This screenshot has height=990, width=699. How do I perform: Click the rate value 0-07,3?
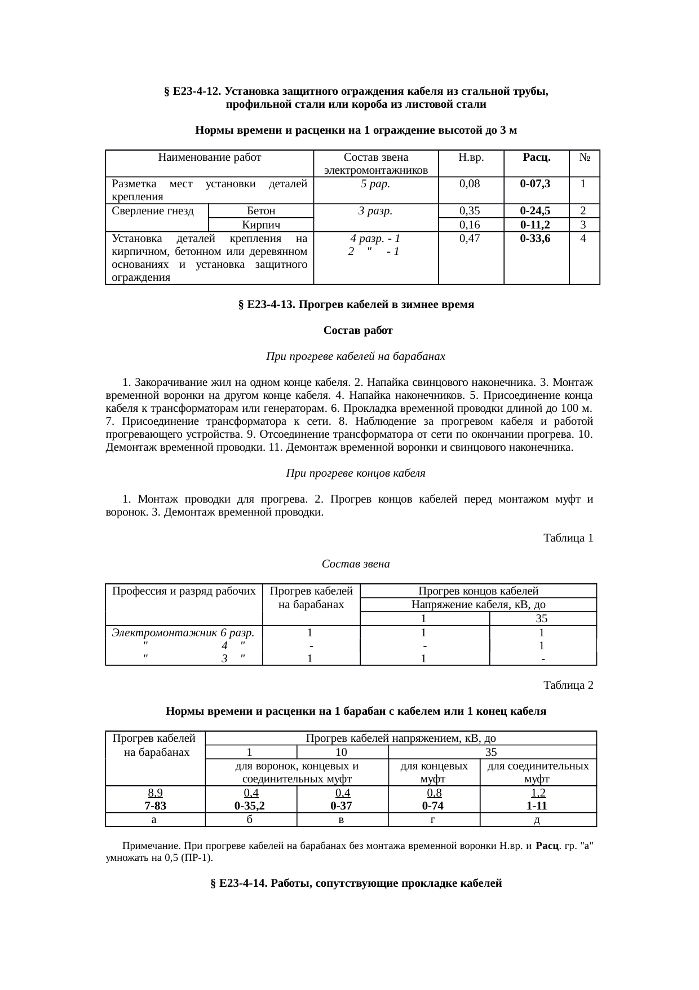[x=535, y=183]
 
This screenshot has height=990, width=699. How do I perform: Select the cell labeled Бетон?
[x=261, y=211]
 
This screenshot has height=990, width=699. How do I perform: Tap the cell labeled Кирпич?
[x=261, y=225]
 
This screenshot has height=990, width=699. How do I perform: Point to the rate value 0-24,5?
[x=535, y=211]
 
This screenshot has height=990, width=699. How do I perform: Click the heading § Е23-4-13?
[x=356, y=305]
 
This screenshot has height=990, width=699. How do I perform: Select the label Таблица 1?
[x=568, y=538]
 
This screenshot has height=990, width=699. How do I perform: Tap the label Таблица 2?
[x=568, y=685]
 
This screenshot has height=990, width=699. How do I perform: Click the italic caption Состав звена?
[x=356, y=564]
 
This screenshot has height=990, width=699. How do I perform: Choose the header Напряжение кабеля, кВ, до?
[x=478, y=605]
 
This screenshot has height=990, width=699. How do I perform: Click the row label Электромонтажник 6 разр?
[x=184, y=632]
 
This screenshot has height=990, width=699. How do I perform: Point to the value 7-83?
[x=156, y=806]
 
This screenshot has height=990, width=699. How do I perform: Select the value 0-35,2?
[x=250, y=806]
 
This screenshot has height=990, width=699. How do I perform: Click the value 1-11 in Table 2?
[x=537, y=806]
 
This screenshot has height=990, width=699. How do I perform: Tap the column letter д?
[x=537, y=820]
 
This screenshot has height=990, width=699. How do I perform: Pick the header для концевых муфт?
[x=433, y=772]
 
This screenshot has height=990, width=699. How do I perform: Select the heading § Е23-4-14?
[x=356, y=883]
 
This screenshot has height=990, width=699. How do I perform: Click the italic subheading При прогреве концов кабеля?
[x=356, y=473]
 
